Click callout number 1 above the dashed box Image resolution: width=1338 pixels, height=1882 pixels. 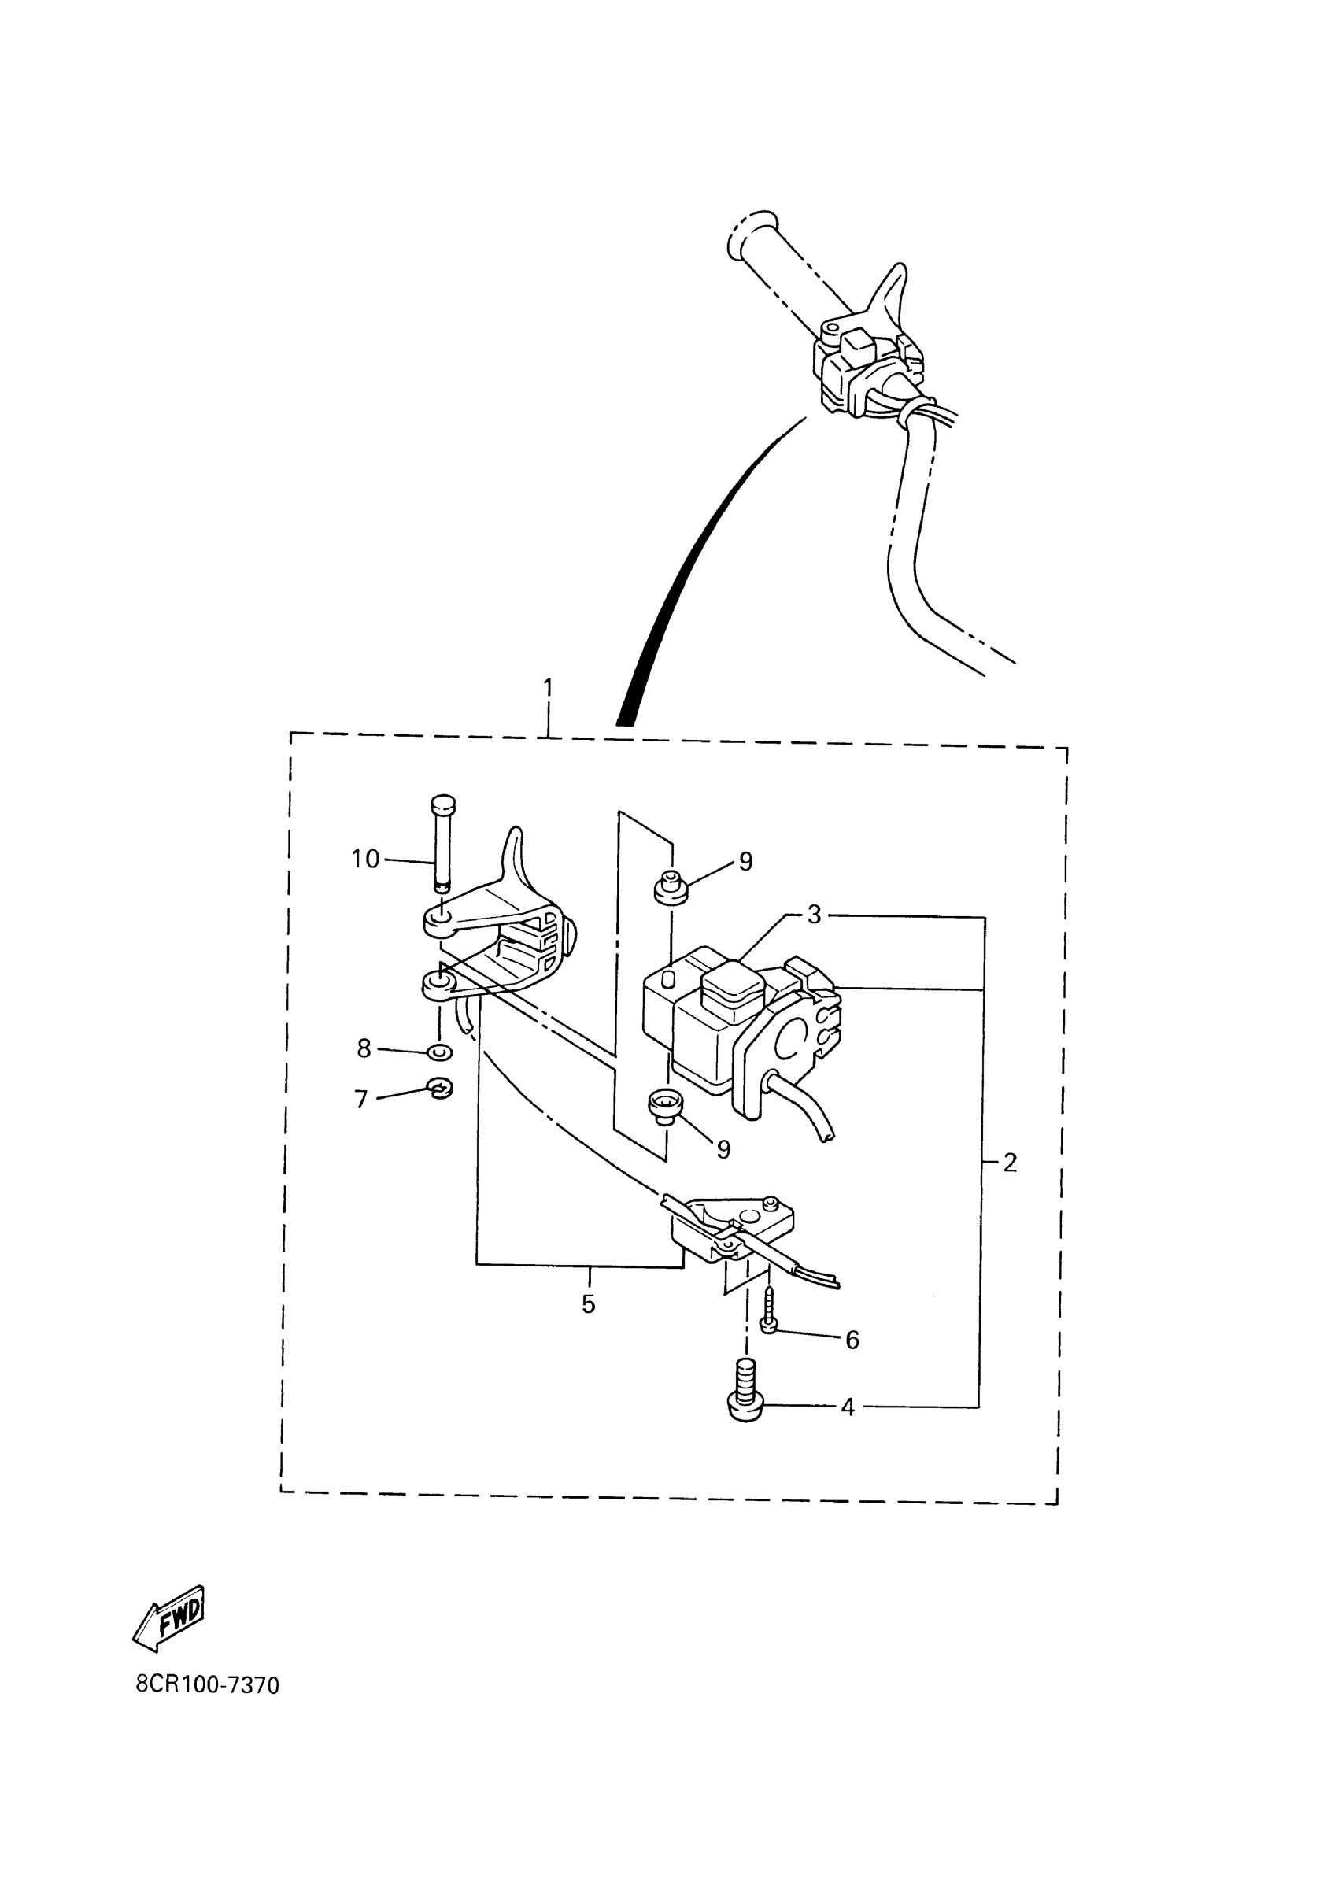click(x=549, y=687)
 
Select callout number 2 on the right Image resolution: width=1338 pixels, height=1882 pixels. click(x=1009, y=1163)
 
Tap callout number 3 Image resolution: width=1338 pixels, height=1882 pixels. click(x=814, y=914)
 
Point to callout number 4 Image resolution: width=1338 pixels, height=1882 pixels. click(x=848, y=1407)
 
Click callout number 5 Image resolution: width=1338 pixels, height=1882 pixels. click(x=588, y=1303)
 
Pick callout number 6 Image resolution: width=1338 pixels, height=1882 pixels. click(x=852, y=1340)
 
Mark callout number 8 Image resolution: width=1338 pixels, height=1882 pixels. click(x=364, y=1048)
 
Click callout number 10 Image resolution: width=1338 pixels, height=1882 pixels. click(x=365, y=860)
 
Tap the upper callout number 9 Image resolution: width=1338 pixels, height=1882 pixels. click(x=745, y=861)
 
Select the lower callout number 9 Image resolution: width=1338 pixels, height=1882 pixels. click(x=723, y=1148)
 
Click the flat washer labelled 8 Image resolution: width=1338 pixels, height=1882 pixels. click(x=441, y=1053)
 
